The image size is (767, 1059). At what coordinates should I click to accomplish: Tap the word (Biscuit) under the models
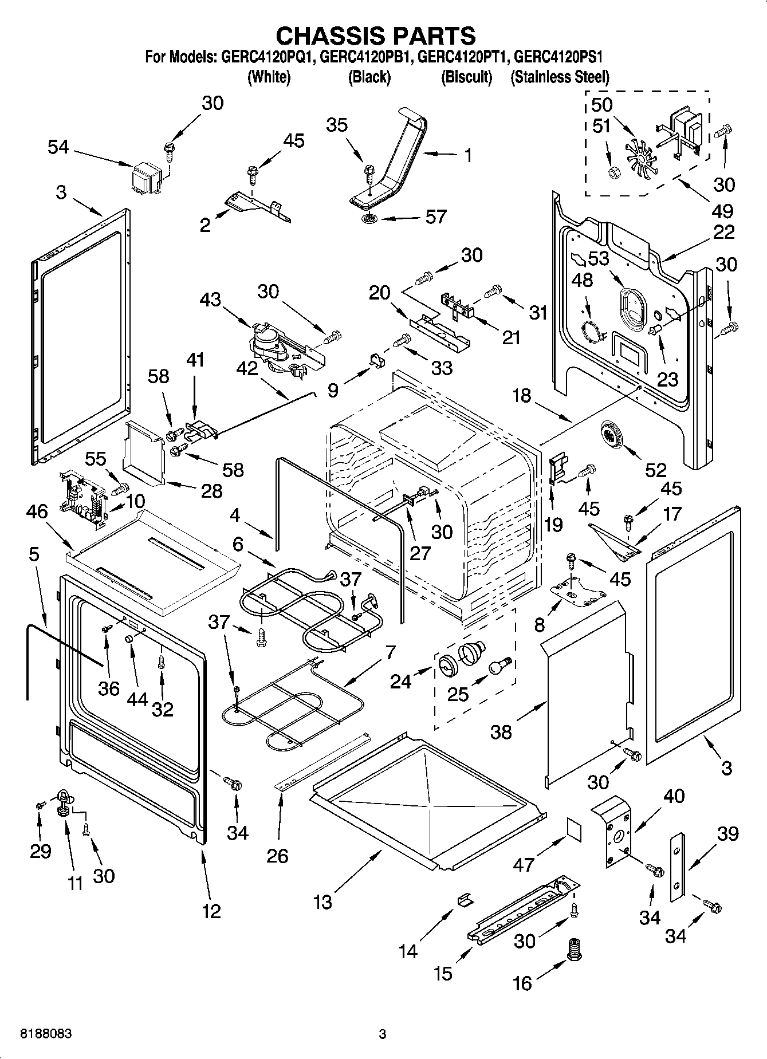pos(467,77)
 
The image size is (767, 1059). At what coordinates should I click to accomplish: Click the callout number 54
pos(58,148)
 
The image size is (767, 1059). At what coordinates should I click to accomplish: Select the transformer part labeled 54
pos(145,176)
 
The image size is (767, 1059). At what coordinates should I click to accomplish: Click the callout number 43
pos(210,299)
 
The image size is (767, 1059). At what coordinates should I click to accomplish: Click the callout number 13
pos(322,902)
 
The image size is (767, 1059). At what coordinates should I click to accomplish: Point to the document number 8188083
pos(46,1034)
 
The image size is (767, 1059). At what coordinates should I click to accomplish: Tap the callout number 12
pos(211,911)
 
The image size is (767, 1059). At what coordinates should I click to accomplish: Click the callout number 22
pos(724,232)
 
